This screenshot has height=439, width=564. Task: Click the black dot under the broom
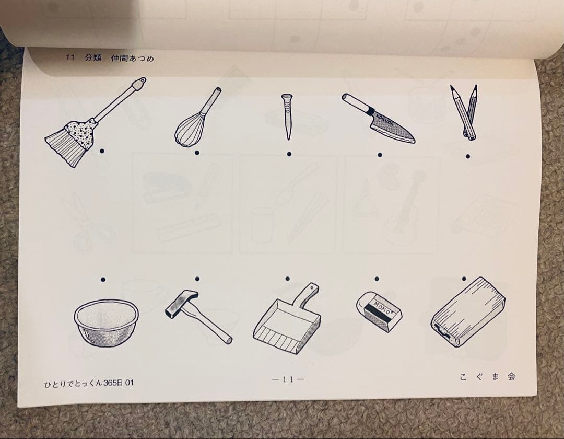click(x=102, y=152)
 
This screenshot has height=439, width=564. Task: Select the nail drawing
click(x=287, y=117)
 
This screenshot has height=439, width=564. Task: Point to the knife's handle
click(x=356, y=102)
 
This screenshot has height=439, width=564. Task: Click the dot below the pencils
click(x=467, y=156)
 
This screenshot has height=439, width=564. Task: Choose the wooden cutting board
click(x=467, y=311)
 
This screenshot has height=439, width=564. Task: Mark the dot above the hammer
click(x=197, y=279)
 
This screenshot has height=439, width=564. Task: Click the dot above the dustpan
click(x=287, y=279)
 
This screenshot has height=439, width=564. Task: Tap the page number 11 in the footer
click(x=288, y=379)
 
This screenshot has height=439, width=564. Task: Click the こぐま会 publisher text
click(x=488, y=377)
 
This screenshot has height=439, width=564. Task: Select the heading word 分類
click(x=93, y=57)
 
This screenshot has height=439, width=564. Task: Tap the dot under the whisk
click(x=197, y=153)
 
